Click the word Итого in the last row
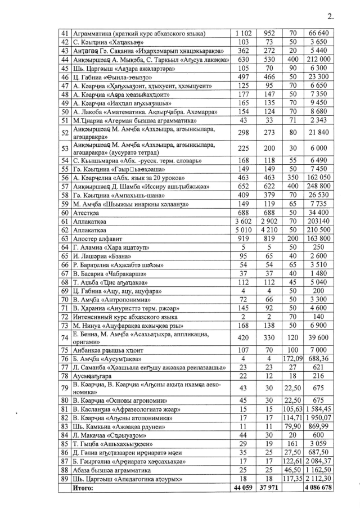point(82,488)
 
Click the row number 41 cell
point(65,34)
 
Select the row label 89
point(65,479)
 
